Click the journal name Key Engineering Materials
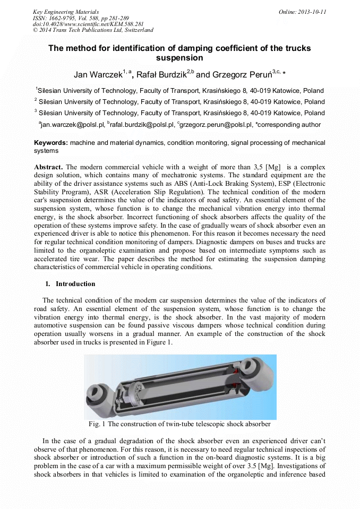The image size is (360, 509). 66,12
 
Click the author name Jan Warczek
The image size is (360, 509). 98,74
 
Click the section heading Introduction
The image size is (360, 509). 75,284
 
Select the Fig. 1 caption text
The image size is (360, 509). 179,424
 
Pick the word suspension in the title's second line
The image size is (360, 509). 179,58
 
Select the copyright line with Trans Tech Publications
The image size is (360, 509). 93,30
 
